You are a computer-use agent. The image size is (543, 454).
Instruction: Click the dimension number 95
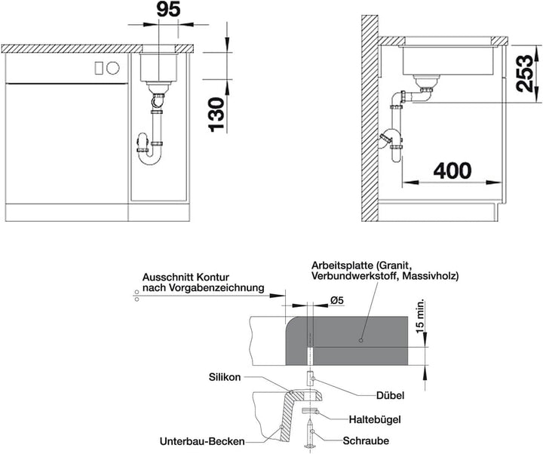tap(168, 10)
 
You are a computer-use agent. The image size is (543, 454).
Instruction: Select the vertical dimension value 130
tap(217, 115)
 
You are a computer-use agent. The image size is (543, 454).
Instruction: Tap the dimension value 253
tap(525, 73)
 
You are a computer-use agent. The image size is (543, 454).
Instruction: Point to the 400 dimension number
tap(452, 170)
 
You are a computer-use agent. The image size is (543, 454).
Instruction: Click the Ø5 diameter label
tap(336, 301)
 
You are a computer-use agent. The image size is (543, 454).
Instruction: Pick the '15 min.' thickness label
tap(420, 317)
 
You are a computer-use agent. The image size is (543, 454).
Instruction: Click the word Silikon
tap(225, 377)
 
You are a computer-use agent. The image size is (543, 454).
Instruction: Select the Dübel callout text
tap(390, 395)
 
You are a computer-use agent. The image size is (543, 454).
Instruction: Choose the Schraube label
tap(366, 440)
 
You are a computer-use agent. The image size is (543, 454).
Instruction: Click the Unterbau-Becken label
tap(202, 441)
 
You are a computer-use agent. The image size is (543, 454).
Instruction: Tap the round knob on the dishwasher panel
tap(113, 68)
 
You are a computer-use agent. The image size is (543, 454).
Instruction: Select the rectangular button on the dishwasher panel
tap(99, 68)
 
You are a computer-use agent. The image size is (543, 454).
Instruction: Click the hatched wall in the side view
tap(370, 118)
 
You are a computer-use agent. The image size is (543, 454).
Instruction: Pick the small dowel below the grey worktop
tap(310, 378)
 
